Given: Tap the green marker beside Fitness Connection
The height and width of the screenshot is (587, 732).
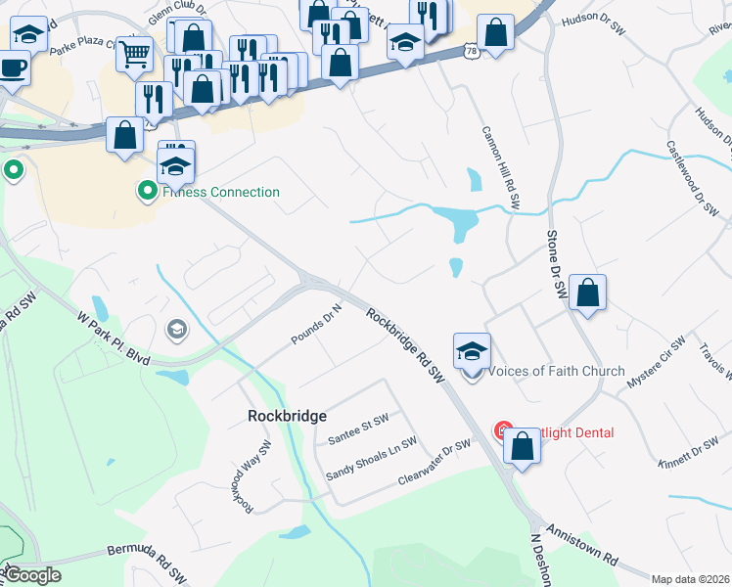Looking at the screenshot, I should (148, 191).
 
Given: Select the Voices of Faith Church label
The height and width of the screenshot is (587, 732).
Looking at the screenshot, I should (556, 371).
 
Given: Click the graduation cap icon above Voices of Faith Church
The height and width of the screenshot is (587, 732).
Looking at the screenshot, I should (472, 350).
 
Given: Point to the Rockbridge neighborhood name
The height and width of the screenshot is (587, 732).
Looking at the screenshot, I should (287, 416).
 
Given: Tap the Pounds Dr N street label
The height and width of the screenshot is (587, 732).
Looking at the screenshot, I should (316, 325).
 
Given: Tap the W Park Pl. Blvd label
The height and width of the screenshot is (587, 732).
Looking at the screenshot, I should (114, 339).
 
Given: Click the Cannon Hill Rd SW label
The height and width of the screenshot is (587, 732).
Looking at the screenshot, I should (500, 167).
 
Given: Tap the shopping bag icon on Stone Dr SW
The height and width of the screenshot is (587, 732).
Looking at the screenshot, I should (587, 293).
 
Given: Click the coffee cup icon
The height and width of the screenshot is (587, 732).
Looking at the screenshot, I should (13, 68).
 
